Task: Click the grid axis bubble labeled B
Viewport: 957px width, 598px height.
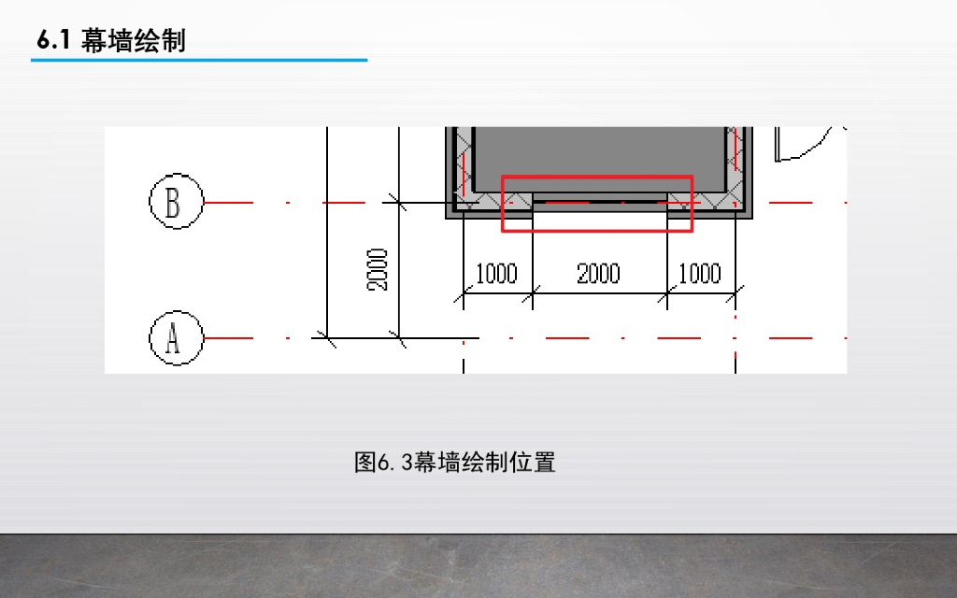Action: [x=176, y=202]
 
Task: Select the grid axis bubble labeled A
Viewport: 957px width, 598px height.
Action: [x=176, y=337]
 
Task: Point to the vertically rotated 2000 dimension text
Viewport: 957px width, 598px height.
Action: [x=378, y=270]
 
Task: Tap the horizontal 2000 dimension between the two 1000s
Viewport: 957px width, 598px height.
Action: [x=598, y=274]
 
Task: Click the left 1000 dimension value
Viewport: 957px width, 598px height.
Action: [x=496, y=274]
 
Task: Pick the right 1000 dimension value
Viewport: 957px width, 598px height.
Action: [x=699, y=274]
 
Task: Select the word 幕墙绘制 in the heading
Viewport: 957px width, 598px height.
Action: [x=134, y=41]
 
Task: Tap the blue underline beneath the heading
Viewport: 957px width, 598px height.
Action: [x=198, y=61]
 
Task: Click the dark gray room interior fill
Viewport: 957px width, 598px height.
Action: [x=598, y=154]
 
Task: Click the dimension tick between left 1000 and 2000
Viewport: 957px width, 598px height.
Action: [x=533, y=296]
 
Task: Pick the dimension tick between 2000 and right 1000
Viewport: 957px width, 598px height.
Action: [x=667, y=296]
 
